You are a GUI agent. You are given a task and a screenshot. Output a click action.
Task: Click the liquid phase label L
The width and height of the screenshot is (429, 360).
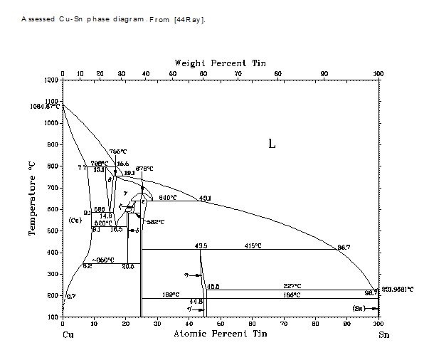click(271, 143)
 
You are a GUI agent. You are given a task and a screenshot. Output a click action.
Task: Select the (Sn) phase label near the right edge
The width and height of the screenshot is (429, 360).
click(361, 307)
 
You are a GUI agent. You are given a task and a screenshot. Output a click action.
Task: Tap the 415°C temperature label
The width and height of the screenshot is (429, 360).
click(253, 245)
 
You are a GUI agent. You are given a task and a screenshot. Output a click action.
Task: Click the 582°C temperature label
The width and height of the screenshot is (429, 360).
click(156, 221)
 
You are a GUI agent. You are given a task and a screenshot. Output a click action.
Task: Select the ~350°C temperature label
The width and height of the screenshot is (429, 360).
click(103, 260)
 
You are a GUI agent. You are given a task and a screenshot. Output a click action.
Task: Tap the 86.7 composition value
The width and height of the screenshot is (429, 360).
click(343, 247)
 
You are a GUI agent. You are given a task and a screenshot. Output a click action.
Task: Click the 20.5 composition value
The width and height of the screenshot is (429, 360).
click(128, 267)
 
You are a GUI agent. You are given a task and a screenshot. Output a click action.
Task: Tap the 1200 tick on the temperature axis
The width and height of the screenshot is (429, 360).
click(51, 80)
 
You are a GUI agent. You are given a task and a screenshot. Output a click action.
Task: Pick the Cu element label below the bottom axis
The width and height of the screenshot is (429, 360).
click(68, 334)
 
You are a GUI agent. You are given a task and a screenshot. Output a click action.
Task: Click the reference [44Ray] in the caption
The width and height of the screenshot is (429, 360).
click(189, 19)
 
